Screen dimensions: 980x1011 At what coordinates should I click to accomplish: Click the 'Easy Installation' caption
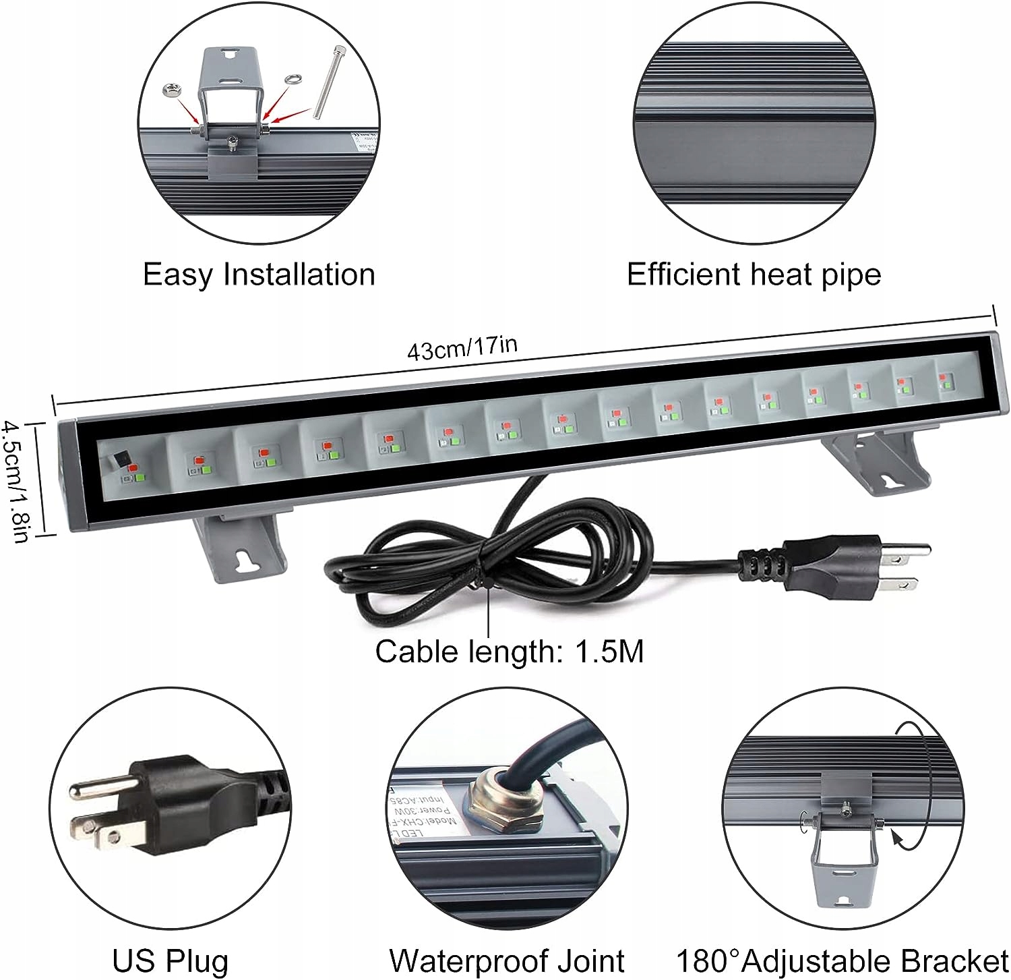coord(259,275)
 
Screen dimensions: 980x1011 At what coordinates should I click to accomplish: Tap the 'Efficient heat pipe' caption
coord(754,275)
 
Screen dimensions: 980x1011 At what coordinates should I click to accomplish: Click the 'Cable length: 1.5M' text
coord(509,652)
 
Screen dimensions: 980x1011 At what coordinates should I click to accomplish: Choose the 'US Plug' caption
coord(170,960)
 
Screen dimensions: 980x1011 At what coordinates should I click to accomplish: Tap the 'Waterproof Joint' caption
coord(507,960)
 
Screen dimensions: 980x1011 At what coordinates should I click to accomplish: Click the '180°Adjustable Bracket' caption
coord(842,960)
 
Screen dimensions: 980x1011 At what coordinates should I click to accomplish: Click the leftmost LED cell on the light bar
coord(129,465)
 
